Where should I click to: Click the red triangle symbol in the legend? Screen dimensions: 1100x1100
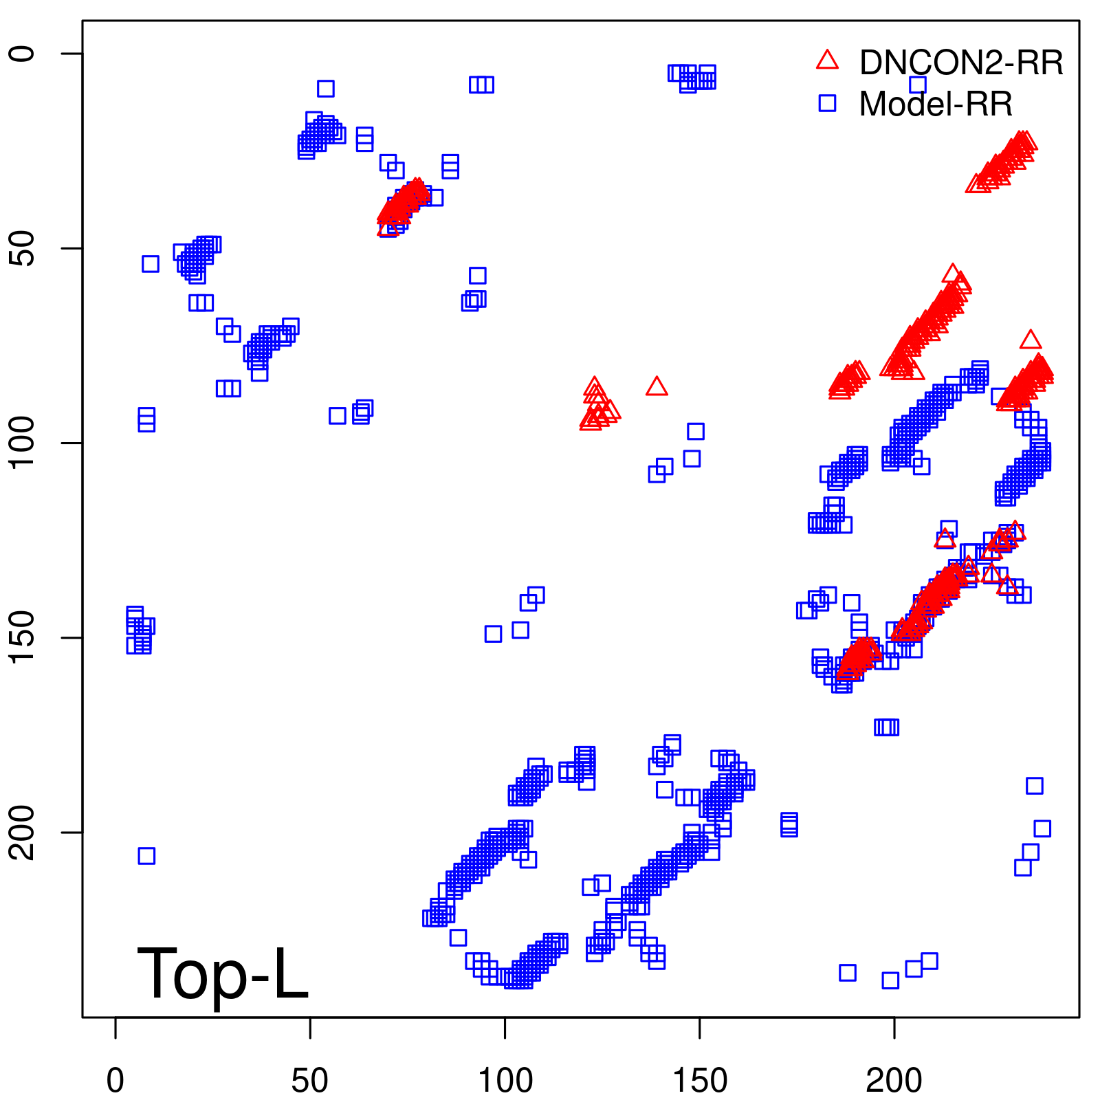[x=827, y=61]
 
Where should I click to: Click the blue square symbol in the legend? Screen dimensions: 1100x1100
[x=827, y=103]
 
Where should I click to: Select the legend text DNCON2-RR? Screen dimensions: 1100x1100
[x=961, y=63]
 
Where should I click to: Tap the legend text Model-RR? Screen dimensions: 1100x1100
[x=936, y=104]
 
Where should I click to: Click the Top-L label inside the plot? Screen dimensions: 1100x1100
[x=223, y=973]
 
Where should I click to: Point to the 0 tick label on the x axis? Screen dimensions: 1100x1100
[x=115, y=1081]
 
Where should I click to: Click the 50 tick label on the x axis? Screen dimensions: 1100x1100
[x=310, y=1081]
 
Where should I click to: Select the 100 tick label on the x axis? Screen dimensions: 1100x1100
[x=505, y=1081]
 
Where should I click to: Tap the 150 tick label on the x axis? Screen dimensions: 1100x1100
[x=699, y=1081]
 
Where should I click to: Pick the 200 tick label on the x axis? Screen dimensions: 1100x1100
[x=894, y=1081]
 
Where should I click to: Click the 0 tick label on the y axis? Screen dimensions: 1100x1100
[x=23, y=54]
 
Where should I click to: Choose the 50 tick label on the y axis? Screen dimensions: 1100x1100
[x=23, y=248]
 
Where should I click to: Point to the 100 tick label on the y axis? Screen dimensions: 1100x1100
[x=23, y=443]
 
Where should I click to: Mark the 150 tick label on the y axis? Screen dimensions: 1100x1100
[x=23, y=637]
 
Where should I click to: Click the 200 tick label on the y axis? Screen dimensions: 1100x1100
[x=23, y=832]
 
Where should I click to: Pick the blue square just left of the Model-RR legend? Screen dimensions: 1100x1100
[x=827, y=103]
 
